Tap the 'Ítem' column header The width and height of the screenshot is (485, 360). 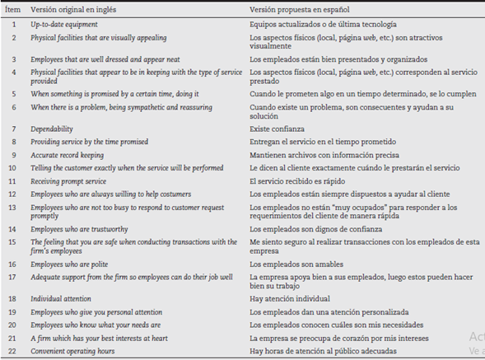coord(13,10)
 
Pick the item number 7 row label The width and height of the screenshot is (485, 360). coord(13,129)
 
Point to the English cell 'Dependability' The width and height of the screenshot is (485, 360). coord(52,129)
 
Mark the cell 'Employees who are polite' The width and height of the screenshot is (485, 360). coord(70,264)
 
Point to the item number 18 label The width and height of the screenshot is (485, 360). coord(13,299)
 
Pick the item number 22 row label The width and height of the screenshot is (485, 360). coord(13,352)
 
